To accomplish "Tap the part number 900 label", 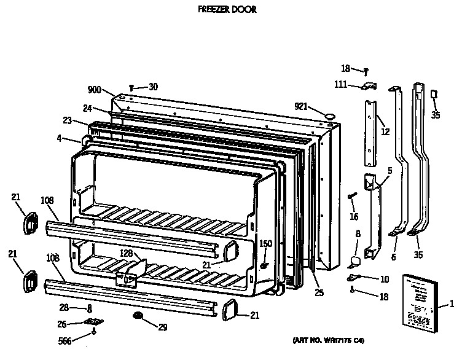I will click(94, 90).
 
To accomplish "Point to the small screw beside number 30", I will click(132, 88).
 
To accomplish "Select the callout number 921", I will click(300, 106).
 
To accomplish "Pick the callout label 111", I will click(342, 85).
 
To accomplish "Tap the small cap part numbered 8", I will click(354, 260).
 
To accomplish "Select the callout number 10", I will click(385, 280).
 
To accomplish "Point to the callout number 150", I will click(265, 244).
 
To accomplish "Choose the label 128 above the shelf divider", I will click(126, 254).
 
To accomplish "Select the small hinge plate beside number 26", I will click(92, 322).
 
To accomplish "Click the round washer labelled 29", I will click(137, 316).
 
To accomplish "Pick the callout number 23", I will click(67, 120).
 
